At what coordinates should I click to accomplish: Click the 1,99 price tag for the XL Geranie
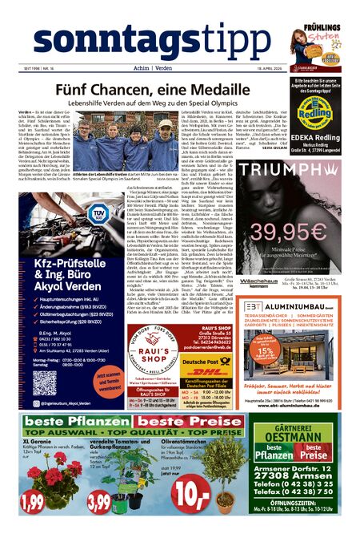[x=34, y=502]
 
